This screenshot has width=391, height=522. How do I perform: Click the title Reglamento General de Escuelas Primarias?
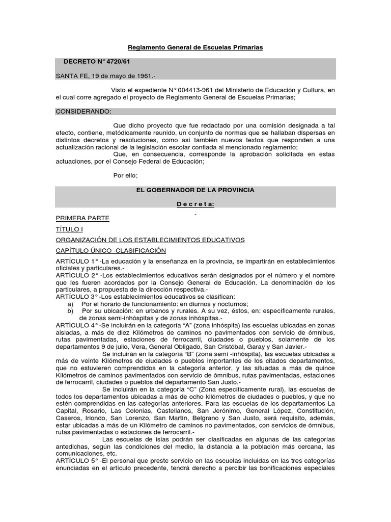[x=195, y=47]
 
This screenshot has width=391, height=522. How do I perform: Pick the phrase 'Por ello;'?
[x=125, y=175]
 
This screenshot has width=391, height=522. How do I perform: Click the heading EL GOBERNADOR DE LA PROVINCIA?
[x=195, y=190]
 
